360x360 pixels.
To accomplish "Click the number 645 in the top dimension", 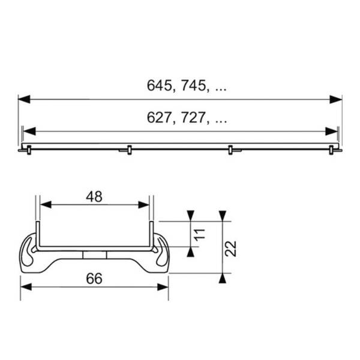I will tap(159, 86).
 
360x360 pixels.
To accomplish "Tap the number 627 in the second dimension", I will tap(159, 118).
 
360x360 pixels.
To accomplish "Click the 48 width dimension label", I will tap(94, 196).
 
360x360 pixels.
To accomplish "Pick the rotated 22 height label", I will tap(232, 247).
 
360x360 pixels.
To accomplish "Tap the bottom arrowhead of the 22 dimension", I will tap(223, 278).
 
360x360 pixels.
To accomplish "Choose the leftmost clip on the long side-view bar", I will tap(25, 149).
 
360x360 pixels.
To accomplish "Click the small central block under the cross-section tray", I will tap(95, 254).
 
